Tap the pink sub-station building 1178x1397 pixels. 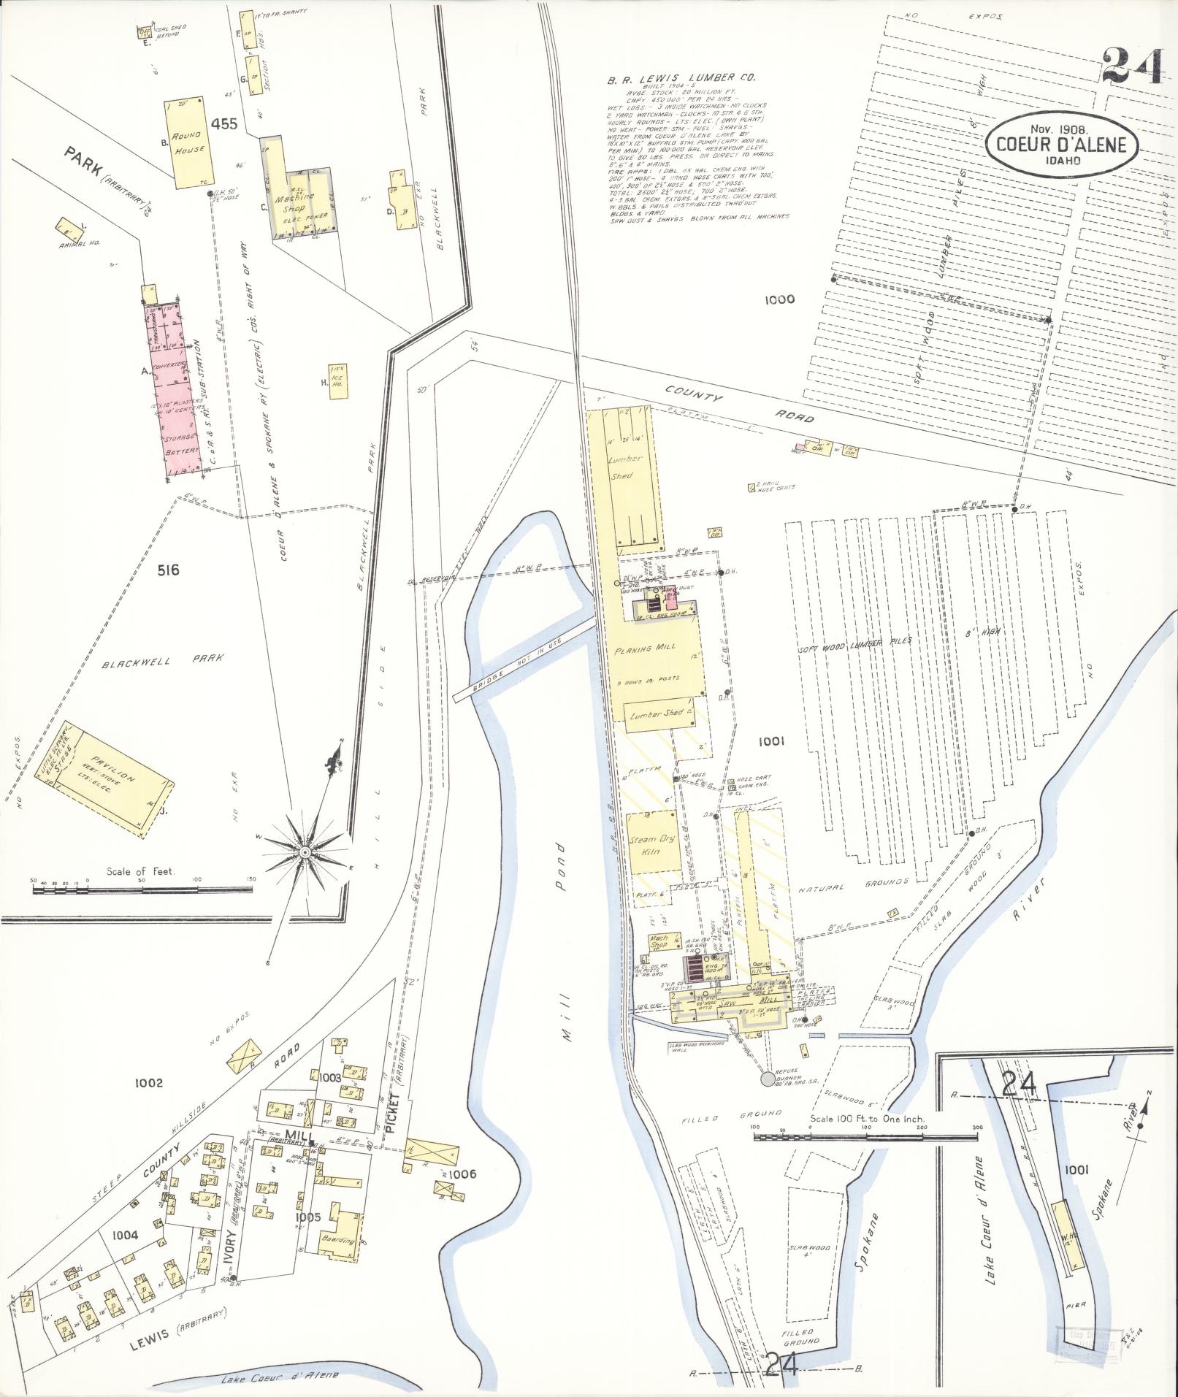173,391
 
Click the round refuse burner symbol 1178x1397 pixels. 767,1077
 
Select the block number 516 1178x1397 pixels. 167,570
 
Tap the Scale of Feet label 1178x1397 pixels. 146,871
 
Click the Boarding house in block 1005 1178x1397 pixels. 340,1236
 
